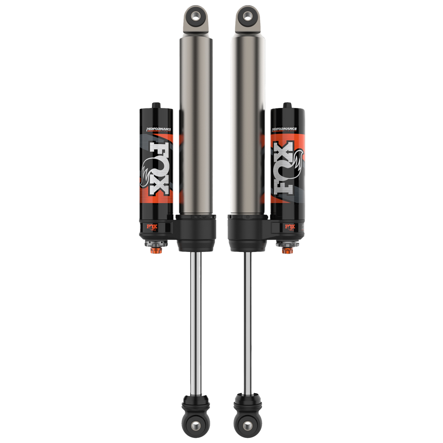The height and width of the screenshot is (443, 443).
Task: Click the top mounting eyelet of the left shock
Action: tap(195, 16)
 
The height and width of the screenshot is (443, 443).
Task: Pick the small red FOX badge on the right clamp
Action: tap(290, 227)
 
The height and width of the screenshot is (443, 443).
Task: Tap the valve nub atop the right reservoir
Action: tap(287, 104)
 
